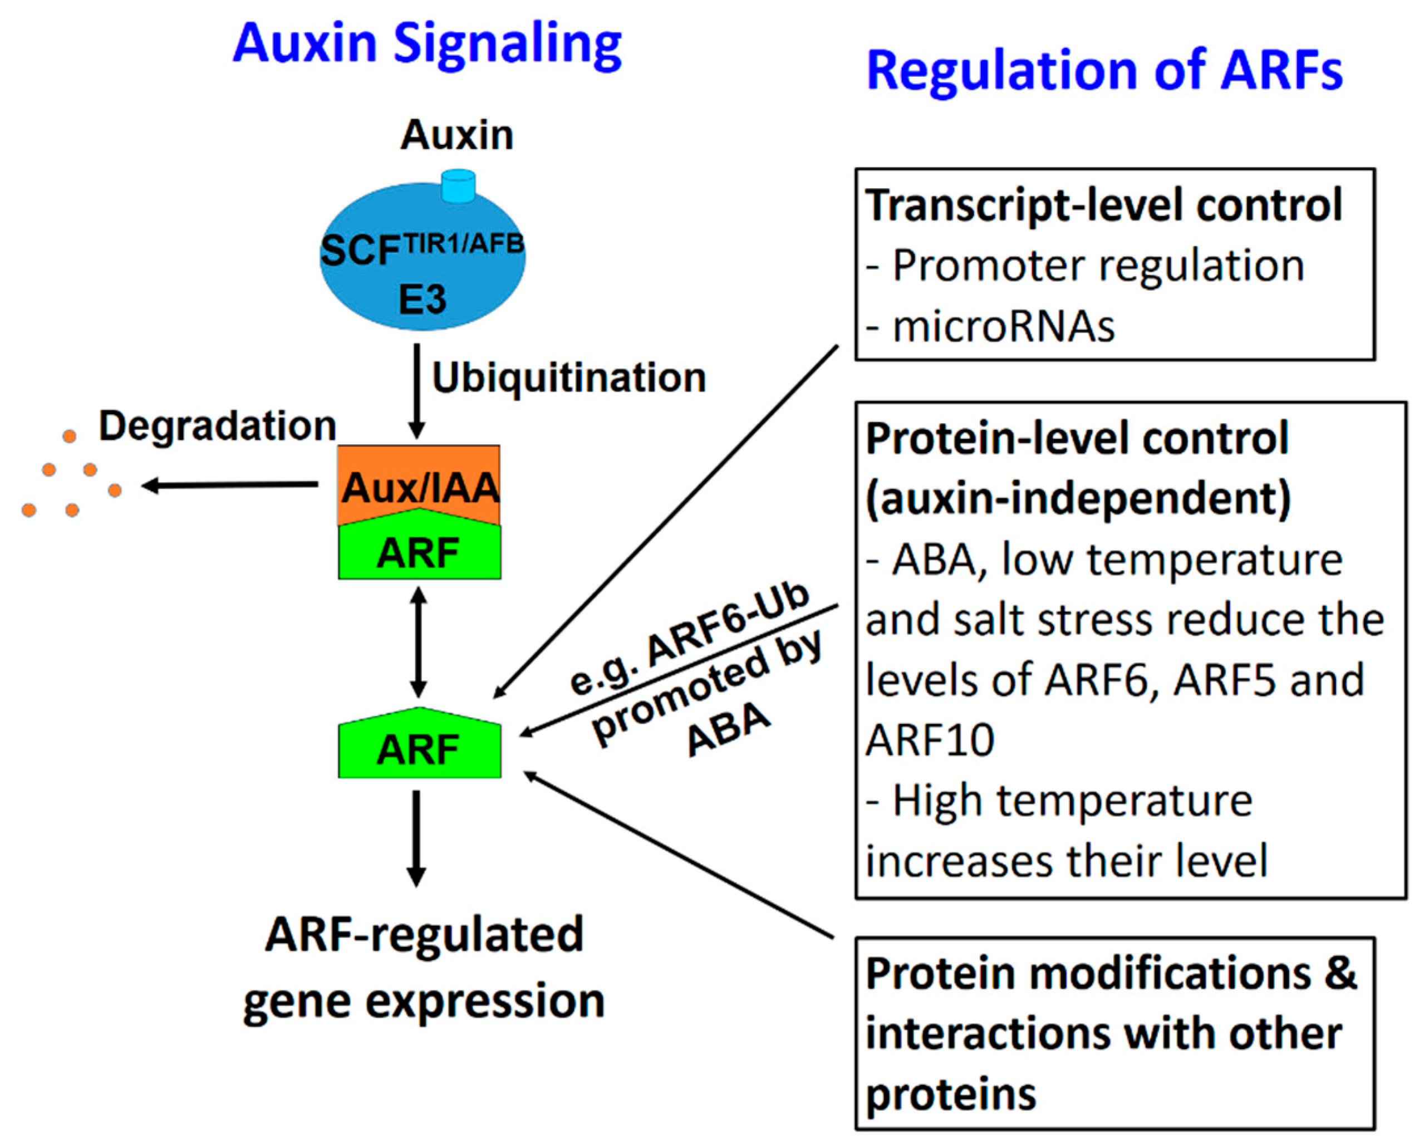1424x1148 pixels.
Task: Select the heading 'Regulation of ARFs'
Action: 1104,71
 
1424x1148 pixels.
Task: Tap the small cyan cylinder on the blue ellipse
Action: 458,186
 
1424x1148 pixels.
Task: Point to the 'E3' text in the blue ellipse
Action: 422,300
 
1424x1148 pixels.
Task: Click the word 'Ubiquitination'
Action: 568,378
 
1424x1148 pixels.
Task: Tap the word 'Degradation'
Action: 218,425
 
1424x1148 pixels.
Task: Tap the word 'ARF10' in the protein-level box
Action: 930,740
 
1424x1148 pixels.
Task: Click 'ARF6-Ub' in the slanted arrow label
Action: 727,625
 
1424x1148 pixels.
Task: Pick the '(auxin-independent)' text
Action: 1078,499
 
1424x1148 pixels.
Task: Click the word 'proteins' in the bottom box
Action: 951,1095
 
